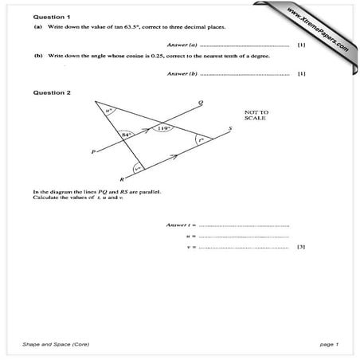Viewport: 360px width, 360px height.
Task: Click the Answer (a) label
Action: [182, 45]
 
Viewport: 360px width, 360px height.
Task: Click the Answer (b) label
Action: [182, 74]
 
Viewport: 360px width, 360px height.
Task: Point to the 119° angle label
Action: [165, 127]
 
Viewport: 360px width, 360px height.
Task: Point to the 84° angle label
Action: [126, 135]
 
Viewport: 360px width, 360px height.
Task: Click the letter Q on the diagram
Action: [200, 103]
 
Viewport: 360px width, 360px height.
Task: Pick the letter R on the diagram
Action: [121, 181]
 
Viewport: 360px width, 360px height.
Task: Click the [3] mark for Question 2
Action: [301, 247]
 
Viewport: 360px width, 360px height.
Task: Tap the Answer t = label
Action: [181, 225]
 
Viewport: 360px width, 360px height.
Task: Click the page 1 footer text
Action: [329, 343]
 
